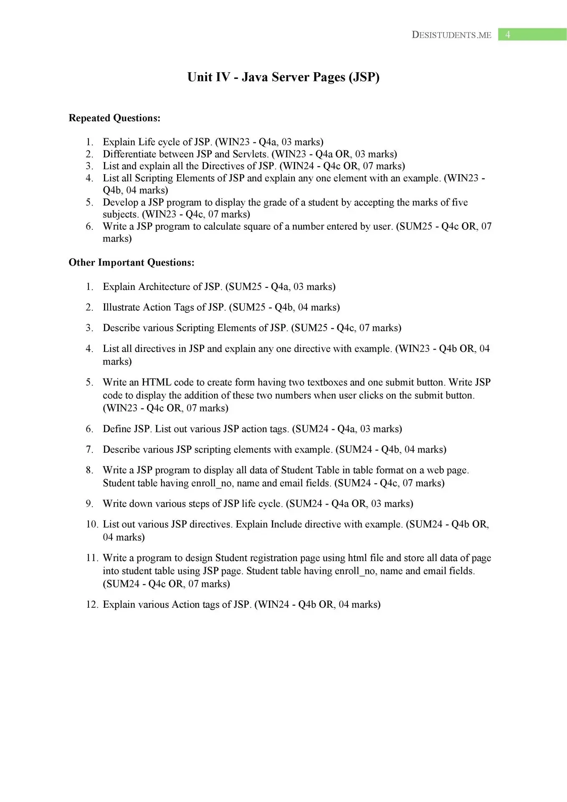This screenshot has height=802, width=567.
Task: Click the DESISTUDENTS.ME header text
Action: [x=451, y=35]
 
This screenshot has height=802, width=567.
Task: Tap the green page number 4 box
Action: [x=532, y=35]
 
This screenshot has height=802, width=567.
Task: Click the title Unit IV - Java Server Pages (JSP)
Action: [x=283, y=77]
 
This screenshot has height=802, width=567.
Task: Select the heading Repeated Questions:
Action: [x=114, y=118]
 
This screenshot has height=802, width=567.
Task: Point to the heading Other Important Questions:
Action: [x=132, y=263]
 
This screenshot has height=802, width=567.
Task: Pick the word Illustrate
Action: [x=121, y=307]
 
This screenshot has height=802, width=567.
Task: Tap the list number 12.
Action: [x=92, y=605]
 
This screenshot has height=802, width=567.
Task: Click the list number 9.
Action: [x=90, y=504]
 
